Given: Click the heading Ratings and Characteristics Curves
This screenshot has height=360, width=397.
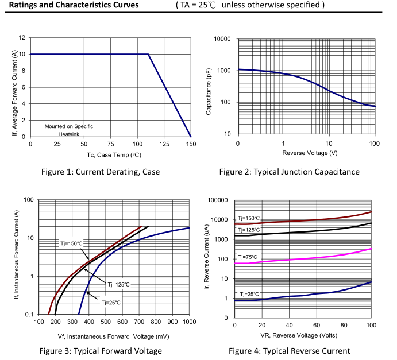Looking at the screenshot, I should (x=74, y=5).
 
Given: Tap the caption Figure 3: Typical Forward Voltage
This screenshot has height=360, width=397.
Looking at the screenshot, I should (x=100, y=351).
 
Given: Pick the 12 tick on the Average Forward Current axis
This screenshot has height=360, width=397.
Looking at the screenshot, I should (x=22, y=38).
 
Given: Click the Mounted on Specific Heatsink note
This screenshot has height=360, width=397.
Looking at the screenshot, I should (x=69, y=130).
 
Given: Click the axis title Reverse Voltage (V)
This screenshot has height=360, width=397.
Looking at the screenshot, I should (x=306, y=153).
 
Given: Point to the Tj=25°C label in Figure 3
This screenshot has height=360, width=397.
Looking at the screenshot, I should (x=111, y=302).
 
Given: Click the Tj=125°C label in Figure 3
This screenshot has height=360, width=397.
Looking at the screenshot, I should (x=119, y=284).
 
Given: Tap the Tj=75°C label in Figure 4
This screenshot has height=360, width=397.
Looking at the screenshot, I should (x=249, y=257).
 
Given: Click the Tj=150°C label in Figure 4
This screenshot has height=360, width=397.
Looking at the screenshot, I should (x=249, y=218).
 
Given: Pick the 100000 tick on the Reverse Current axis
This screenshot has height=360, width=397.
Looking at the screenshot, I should (x=218, y=200).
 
